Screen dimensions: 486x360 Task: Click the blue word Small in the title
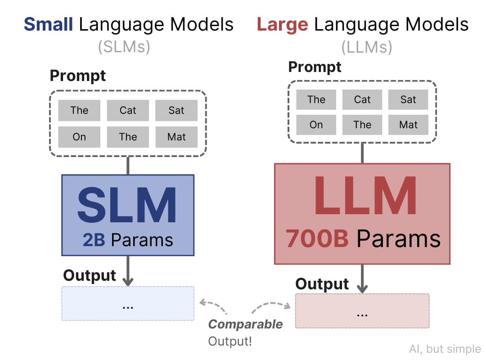coord(48,24)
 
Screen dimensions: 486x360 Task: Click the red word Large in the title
coord(282,25)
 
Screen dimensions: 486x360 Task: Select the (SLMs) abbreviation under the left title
coord(124,47)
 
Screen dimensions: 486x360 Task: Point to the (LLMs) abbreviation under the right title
coord(367,47)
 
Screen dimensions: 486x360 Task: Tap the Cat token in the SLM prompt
coord(128,110)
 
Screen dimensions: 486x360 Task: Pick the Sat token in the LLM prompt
coord(408,99)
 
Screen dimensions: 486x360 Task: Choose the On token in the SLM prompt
coord(79,137)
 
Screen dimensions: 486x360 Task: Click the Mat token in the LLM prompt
coord(408,125)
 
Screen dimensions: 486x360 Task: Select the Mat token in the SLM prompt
coord(176,137)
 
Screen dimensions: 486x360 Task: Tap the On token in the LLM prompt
coord(316,125)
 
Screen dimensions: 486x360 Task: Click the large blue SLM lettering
coord(127,205)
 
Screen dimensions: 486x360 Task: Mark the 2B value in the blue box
coord(94,240)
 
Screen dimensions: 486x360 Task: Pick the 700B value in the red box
coord(317,238)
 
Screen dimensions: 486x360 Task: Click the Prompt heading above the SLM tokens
coord(78,76)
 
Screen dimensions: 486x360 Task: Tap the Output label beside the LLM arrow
coord(322,284)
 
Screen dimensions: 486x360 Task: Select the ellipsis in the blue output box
coord(128,308)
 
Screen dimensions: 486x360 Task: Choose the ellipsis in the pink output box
coord(362,315)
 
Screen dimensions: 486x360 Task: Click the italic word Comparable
coord(246,324)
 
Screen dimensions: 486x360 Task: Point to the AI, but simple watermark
coord(445,349)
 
